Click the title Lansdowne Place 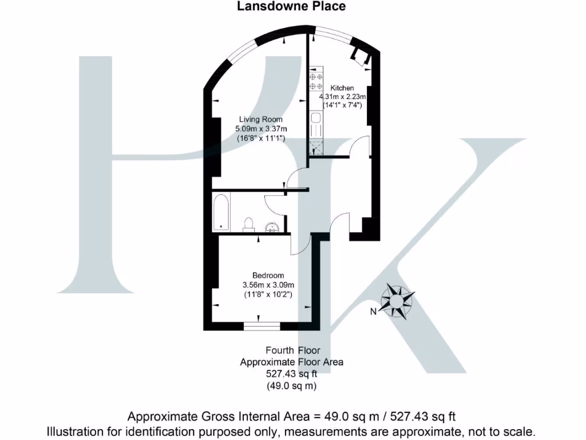[x=292, y=6]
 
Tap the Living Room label [x=260, y=119]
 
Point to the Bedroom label [x=268, y=275]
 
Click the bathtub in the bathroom [x=221, y=212]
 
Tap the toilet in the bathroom [x=248, y=223]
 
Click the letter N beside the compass [x=373, y=312]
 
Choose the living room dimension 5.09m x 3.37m [x=261, y=129]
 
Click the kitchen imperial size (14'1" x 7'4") [x=342, y=105]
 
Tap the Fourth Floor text [x=292, y=350]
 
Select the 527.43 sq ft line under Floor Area [x=292, y=374]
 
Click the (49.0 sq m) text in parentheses [x=292, y=386]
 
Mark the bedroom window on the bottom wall [x=262, y=326]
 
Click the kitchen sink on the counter [x=315, y=120]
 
